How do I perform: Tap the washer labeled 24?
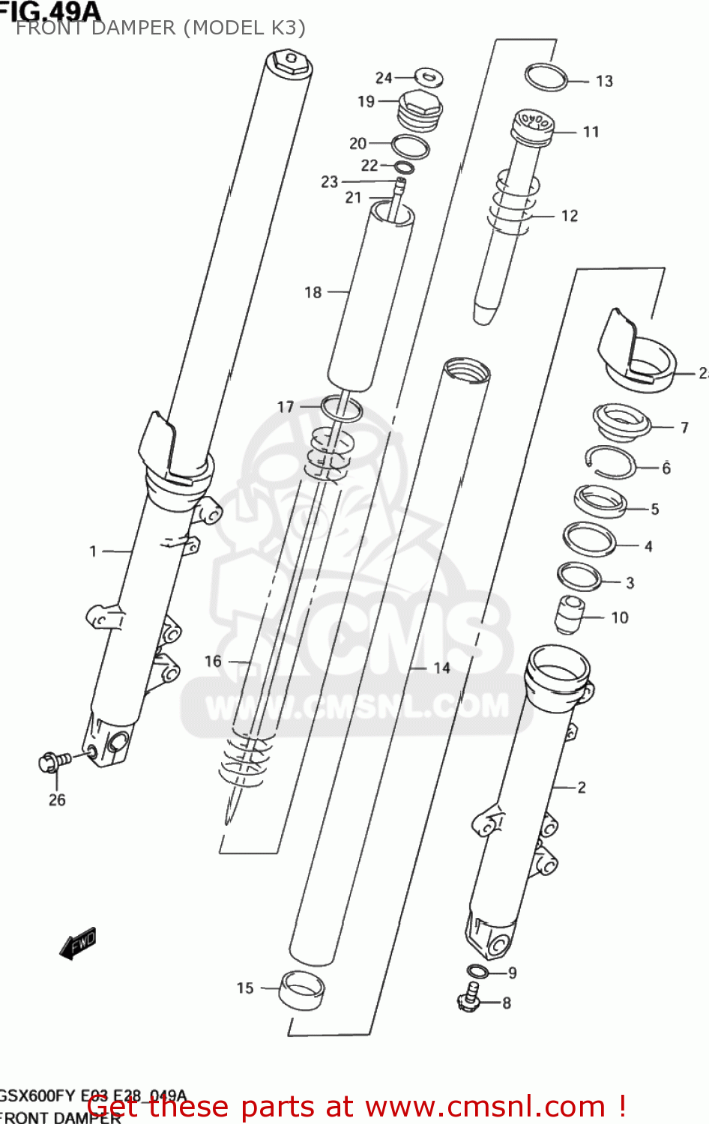[429, 76]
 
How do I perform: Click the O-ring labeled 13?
[546, 77]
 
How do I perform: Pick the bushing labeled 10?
[569, 614]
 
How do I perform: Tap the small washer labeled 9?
[477, 972]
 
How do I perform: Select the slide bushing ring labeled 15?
[302, 991]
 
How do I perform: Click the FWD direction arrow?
[78, 943]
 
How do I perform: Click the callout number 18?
[313, 292]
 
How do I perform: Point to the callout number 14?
[441, 668]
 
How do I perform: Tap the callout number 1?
[93, 552]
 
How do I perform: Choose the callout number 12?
[570, 216]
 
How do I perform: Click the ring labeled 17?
[342, 409]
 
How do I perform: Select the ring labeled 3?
[579, 576]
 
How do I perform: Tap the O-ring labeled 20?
[410, 147]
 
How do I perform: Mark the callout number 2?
[582, 787]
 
